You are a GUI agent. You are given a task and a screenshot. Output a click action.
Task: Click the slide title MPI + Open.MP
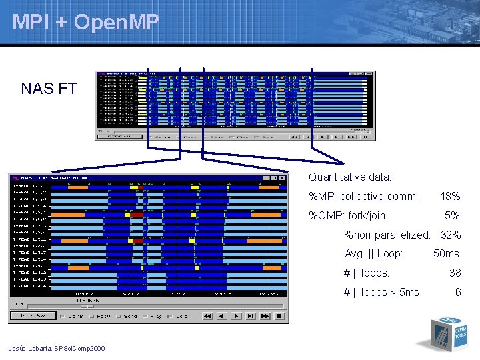click(85, 23)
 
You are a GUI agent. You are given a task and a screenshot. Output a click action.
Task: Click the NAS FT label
click(48, 89)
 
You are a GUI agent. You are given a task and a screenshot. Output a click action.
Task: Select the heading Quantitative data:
click(349, 177)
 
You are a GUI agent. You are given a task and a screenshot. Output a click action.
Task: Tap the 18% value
click(450, 197)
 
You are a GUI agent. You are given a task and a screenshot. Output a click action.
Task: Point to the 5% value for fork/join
click(452, 215)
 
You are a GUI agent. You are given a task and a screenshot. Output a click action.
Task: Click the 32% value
click(450, 235)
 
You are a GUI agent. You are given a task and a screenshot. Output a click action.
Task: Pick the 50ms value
click(446, 253)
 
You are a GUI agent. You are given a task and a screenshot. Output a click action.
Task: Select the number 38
click(455, 273)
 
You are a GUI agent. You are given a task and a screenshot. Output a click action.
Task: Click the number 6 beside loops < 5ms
click(457, 292)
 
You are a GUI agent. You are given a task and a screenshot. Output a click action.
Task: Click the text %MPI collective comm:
click(363, 197)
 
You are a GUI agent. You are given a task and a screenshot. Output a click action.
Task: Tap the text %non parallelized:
click(386, 235)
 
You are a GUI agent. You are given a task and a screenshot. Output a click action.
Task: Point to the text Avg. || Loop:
click(373, 253)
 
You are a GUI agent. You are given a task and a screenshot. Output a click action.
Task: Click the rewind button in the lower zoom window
click(208, 316)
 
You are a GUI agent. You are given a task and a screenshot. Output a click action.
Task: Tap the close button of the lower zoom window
click(283, 178)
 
